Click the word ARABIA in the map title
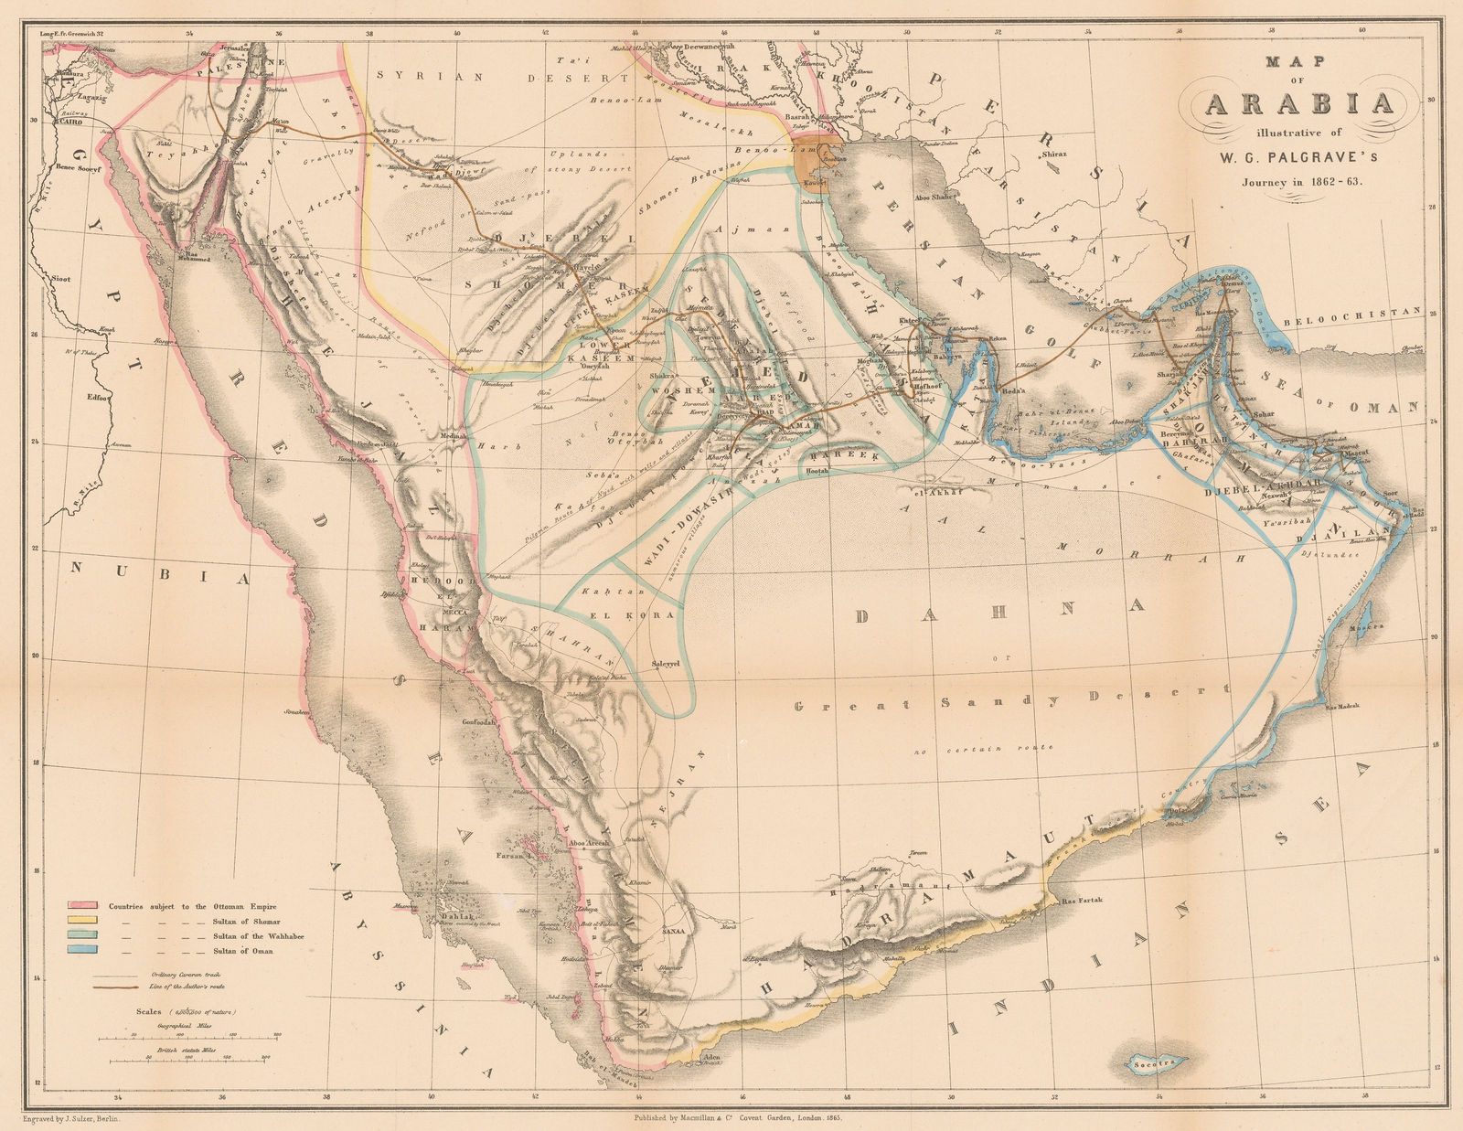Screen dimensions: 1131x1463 tap(1298, 103)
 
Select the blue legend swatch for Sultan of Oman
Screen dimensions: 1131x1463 tap(80, 951)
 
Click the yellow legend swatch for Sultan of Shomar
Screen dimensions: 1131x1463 tap(80, 921)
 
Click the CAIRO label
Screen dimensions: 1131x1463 tap(79, 120)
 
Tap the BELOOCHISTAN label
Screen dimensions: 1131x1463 tap(1351, 312)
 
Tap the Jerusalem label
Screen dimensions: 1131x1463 tap(235, 48)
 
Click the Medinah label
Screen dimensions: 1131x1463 tap(453, 436)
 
